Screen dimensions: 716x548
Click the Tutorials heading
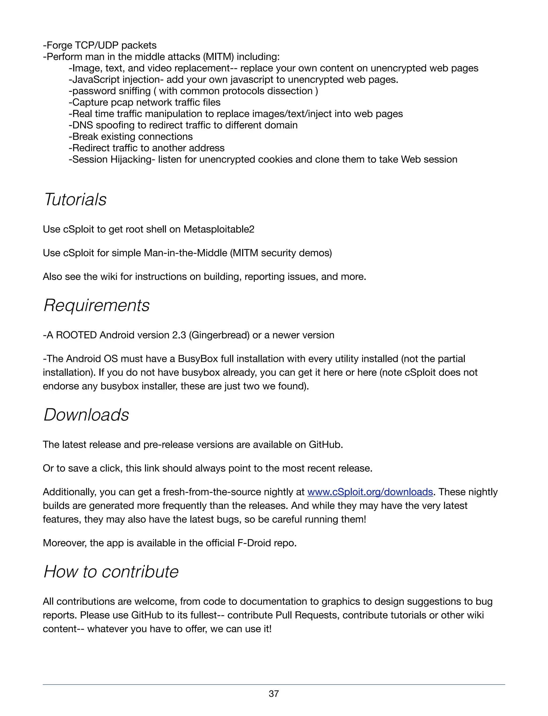point(75,199)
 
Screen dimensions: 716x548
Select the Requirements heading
point(97,305)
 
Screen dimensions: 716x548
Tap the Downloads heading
point(86,415)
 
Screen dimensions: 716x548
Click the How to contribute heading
point(111,572)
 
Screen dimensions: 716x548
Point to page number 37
point(274,694)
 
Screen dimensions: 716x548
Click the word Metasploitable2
point(219,229)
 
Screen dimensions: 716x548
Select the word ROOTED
point(76,335)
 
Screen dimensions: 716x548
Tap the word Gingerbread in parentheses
point(219,335)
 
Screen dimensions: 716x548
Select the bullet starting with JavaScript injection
point(233,79)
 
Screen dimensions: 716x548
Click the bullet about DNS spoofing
point(183,125)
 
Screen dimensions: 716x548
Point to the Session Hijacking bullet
point(262,159)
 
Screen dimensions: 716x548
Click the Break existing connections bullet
point(131,137)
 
